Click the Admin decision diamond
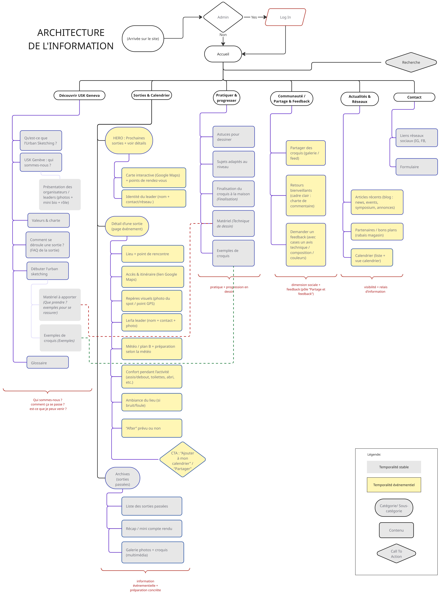tap(223, 17)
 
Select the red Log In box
tap(285, 17)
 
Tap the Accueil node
tap(223, 54)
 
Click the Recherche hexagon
tap(411, 62)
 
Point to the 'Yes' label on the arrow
tap(254, 17)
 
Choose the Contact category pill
tap(414, 97)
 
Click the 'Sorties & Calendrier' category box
tap(151, 95)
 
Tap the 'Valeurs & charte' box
tap(48, 220)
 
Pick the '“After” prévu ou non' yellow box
tap(152, 428)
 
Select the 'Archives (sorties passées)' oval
tap(123, 479)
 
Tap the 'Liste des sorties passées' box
tap(152, 506)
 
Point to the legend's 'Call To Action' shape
tap(396, 554)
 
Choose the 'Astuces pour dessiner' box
tap(234, 137)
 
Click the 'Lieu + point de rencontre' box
tap(152, 254)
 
